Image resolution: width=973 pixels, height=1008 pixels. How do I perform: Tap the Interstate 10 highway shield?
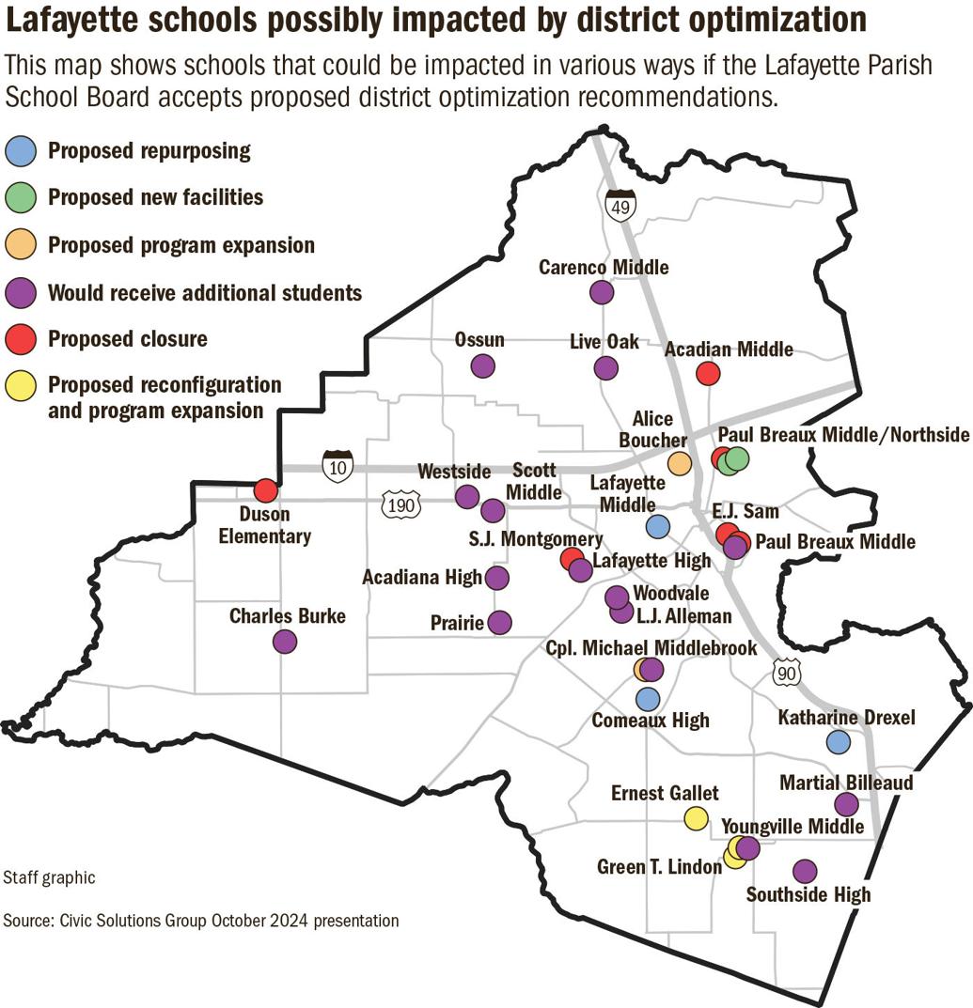[x=337, y=465]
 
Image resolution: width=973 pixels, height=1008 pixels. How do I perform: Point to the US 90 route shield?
[x=787, y=672]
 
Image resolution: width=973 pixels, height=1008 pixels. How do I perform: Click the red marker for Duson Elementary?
[x=266, y=490]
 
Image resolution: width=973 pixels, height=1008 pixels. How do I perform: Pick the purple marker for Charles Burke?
[x=285, y=642]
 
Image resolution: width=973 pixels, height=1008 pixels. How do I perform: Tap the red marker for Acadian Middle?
[x=708, y=374]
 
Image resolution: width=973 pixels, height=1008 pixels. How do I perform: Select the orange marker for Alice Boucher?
[x=679, y=462]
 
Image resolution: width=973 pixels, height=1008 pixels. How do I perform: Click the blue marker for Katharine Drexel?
[x=838, y=742]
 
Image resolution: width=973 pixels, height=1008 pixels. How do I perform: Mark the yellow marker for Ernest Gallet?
[x=696, y=818]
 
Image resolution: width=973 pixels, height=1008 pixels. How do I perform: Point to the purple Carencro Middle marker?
[x=602, y=292]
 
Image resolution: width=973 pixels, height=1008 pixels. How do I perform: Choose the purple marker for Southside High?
[x=805, y=872]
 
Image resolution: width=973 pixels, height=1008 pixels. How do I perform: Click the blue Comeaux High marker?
[x=647, y=699]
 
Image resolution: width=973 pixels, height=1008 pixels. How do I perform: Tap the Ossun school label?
[x=479, y=340]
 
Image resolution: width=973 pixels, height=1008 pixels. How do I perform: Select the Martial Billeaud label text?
[x=846, y=783]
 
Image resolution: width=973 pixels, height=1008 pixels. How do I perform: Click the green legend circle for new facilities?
[x=24, y=197]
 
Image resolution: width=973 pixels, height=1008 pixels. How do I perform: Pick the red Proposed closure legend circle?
[x=24, y=338]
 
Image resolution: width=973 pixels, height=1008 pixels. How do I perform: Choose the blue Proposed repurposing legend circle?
[x=24, y=150]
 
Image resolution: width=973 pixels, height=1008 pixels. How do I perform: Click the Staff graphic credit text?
[x=49, y=878]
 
